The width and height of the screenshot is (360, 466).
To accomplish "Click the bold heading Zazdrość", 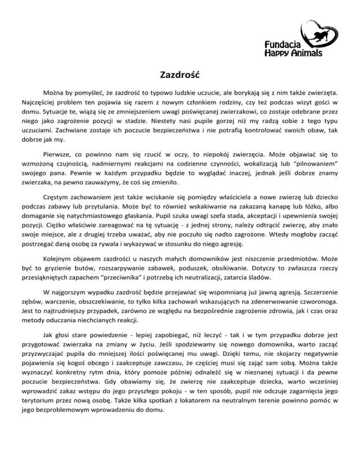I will (x=180, y=74).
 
